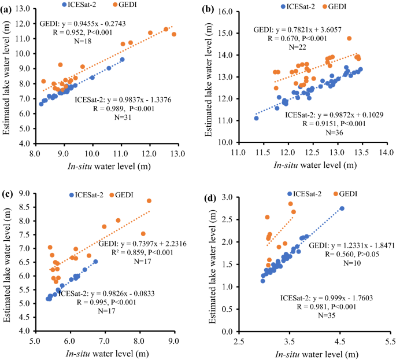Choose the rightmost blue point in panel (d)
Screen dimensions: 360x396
(342, 208)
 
